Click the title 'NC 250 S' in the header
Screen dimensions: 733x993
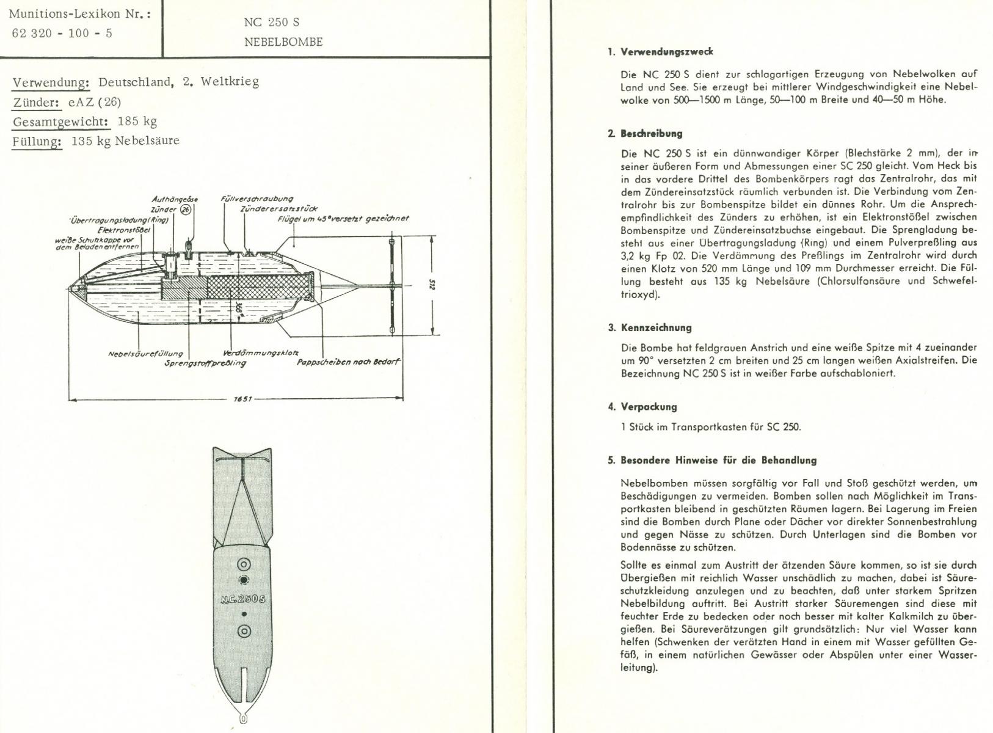tap(271, 23)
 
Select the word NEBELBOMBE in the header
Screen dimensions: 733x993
tap(283, 42)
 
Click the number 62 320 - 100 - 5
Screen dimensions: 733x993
tap(62, 33)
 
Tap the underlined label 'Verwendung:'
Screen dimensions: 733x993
tap(51, 82)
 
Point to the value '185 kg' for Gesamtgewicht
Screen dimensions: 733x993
tap(137, 121)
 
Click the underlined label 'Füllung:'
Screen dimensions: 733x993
tap(37, 141)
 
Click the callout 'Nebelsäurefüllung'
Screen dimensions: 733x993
tap(145, 354)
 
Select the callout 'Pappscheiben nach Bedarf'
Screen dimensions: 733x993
tap(348, 362)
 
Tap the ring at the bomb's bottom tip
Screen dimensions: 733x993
tap(243, 719)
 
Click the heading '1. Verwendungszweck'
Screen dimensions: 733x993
tap(660, 52)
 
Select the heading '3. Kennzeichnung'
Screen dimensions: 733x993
tap(650, 328)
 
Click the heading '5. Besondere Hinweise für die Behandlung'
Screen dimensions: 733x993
tap(712, 461)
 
